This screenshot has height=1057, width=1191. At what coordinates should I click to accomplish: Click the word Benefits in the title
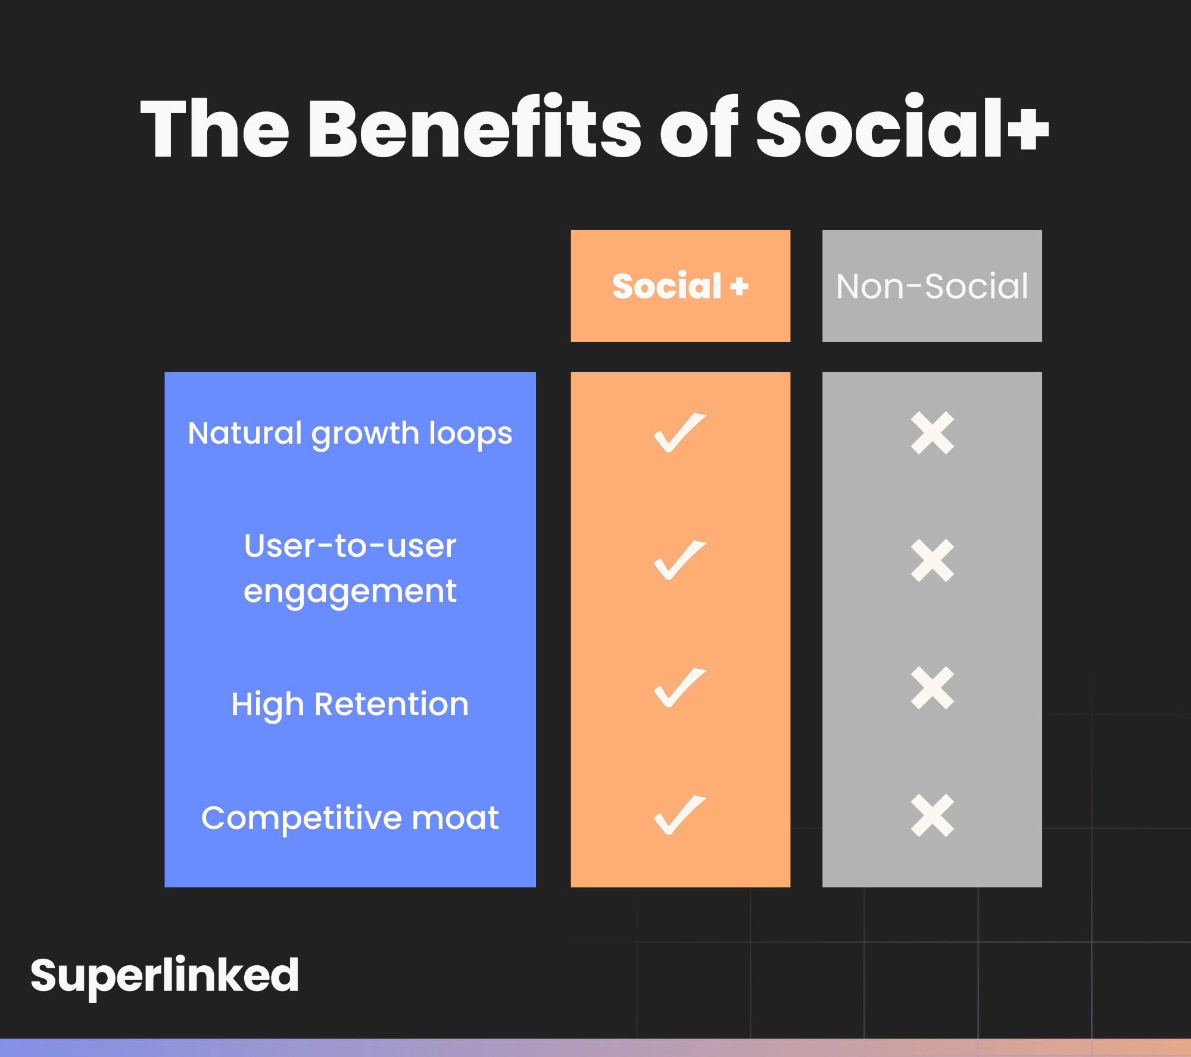[475, 127]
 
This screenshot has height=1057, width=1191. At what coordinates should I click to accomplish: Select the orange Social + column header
[680, 286]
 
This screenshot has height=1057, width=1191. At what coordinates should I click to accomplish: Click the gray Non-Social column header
[932, 286]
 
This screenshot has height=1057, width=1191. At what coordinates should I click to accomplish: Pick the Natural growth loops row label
[350, 434]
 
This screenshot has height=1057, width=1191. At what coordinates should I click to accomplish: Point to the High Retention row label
[350, 705]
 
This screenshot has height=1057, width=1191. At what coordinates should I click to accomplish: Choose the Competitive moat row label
[350, 818]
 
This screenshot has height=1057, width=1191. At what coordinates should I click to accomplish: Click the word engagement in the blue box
[350, 592]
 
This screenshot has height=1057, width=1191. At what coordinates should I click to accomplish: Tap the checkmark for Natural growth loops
[680, 432]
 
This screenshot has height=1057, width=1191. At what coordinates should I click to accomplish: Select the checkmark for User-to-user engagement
[680, 560]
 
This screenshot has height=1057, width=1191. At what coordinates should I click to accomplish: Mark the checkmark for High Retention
[680, 687]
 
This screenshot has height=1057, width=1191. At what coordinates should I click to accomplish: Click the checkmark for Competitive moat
[680, 815]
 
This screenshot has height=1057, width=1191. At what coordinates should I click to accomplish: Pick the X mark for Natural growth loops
[933, 433]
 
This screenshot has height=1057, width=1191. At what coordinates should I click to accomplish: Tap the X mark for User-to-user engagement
[933, 560]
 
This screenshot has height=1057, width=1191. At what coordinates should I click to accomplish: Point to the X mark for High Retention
[933, 688]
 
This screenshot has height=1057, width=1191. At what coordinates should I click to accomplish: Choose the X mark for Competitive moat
[933, 815]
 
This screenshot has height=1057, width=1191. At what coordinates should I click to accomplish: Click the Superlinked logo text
[164, 977]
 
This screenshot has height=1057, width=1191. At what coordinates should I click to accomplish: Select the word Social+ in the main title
[902, 127]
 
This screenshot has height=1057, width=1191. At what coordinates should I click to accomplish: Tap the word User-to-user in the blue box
[350, 545]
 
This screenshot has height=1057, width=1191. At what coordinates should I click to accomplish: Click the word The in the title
[215, 128]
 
